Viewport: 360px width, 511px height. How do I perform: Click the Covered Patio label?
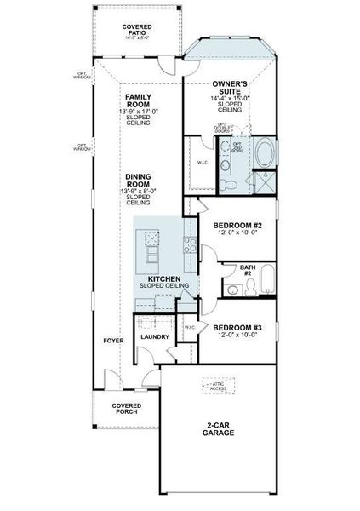pyautogui.click(x=136, y=32)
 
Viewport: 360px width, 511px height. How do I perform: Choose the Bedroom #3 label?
pyautogui.click(x=235, y=328)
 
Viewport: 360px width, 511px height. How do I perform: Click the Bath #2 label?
pyautogui.click(x=248, y=271)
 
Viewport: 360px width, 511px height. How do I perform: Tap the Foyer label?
pyautogui.click(x=113, y=341)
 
